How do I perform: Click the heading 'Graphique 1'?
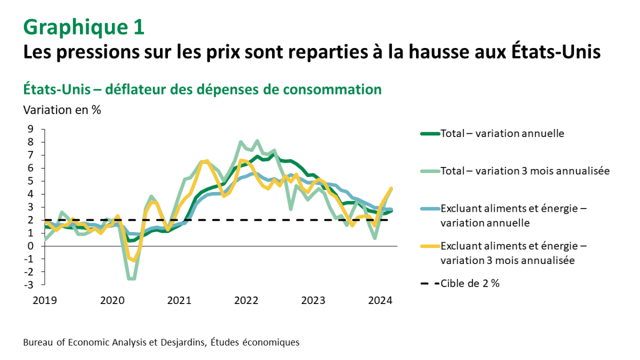84,27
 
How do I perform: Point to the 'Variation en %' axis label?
62,110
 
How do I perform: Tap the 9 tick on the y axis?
30,129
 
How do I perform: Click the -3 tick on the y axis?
29,285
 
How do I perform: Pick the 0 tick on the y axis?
30,246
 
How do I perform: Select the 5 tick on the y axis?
30,181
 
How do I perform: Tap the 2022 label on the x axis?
246,300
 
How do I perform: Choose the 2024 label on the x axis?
381,300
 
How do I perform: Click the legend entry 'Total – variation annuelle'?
502,133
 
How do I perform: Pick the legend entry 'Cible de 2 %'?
470,284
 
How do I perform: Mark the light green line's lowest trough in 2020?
131,278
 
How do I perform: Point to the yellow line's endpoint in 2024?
392,188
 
